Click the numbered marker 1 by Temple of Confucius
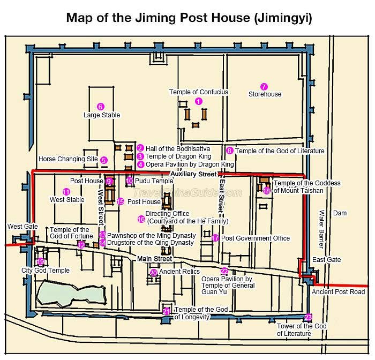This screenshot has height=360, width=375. point(199,101)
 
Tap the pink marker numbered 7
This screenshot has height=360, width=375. point(264,87)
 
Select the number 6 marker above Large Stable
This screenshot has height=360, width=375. point(101,107)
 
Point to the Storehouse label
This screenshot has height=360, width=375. point(265,94)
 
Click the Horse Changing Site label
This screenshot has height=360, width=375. point(68,159)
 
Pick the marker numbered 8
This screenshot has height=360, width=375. point(230,151)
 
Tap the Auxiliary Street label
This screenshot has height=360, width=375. point(194,174)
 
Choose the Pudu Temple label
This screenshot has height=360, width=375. point(154,181)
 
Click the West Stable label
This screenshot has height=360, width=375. point(67,200)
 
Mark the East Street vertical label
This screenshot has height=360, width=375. point(222,196)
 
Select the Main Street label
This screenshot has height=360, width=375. point(155,259)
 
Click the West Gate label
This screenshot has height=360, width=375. point(22,227)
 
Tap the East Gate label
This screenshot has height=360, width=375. point(326,260)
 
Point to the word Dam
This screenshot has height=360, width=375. point(340,213)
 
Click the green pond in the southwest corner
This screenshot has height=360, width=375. point(71,294)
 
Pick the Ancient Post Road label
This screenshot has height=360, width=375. point(339,292)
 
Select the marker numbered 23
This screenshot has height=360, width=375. point(308,317)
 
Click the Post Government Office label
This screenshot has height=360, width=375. point(256,238)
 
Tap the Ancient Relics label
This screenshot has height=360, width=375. point(179,272)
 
